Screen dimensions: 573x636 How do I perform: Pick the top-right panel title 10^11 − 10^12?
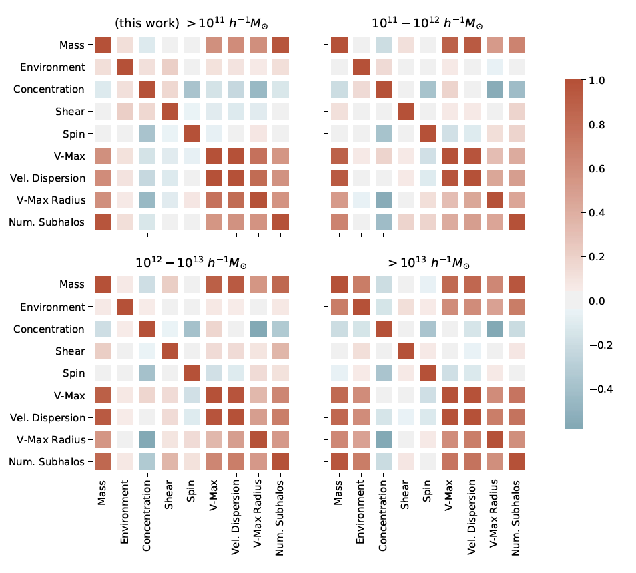pyautogui.click(x=427, y=23)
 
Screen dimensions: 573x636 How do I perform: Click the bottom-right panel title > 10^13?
pyautogui.click(x=427, y=261)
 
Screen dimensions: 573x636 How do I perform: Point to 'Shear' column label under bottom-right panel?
pyautogui.click(x=406, y=494)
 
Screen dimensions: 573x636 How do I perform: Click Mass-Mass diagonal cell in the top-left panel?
pyautogui.click(x=103, y=45)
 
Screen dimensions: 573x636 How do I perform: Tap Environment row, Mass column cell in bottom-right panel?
pyautogui.click(x=339, y=307)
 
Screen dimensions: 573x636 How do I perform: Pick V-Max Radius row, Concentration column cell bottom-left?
pyautogui.click(x=147, y=439)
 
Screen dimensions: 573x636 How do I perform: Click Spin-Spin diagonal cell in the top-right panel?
pyautogui.click(x=427, y=134)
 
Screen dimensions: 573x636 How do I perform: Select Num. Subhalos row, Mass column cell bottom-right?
pyautogui.click(x=339, y=461)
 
